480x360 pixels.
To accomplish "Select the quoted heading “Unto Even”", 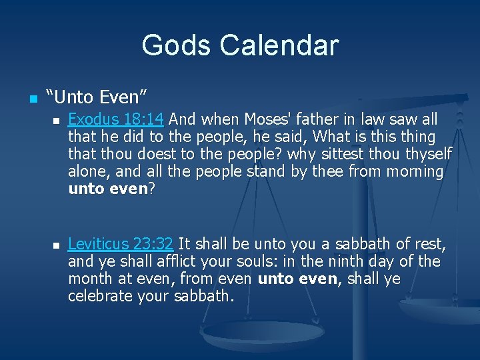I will [x=95, y=97].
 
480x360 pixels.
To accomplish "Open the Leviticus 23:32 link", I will [x=121, y=244].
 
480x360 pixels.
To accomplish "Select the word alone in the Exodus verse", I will [x=88, y=172].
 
